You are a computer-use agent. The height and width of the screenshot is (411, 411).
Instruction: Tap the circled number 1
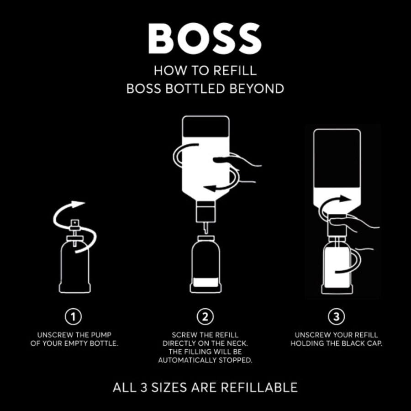point(74,316)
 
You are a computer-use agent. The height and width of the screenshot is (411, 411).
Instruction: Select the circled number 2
point(205,316)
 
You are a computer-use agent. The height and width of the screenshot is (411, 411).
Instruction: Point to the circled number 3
point(336,316)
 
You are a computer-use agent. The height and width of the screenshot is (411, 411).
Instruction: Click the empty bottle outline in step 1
point(75,269)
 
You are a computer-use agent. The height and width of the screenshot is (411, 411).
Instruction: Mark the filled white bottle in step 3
point(336,265)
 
